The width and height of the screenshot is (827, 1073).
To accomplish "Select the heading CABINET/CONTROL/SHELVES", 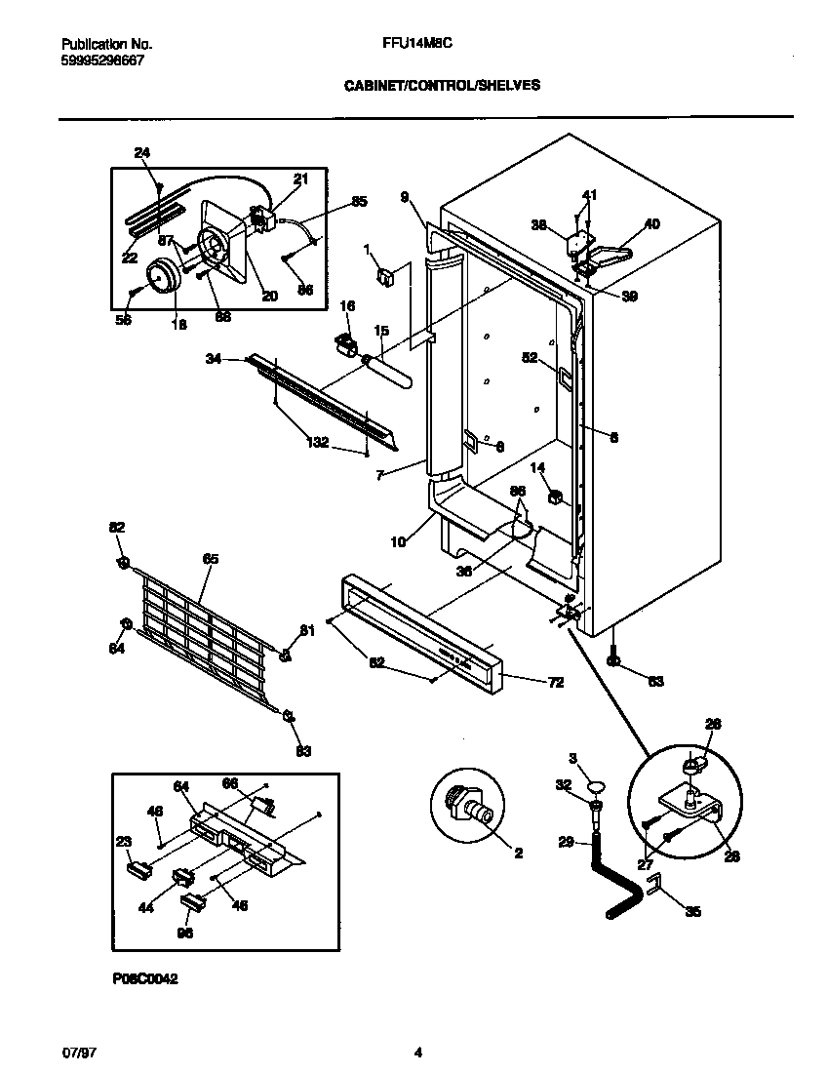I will [442, 85].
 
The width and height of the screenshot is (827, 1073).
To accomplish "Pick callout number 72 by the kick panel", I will [555, 682].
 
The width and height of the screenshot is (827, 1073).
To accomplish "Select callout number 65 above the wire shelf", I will [210, 559].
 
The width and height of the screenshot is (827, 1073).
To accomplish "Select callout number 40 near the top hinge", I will [651, 223].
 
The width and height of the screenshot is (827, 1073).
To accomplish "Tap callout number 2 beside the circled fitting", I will [518, 853].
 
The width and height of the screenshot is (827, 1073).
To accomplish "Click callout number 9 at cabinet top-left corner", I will [404, 196].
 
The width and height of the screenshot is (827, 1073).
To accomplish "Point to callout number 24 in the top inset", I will [142, 152].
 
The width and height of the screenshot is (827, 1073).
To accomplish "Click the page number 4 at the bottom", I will [417, 1052].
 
